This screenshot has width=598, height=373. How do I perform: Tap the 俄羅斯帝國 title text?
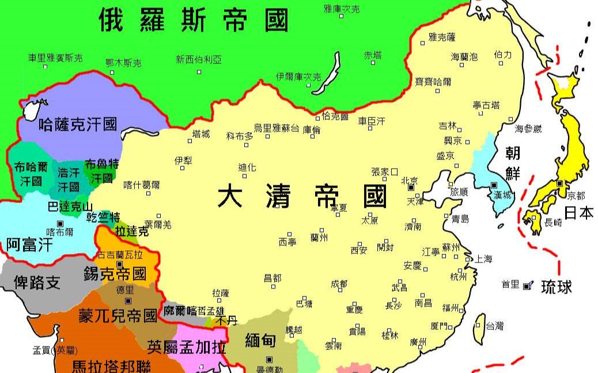(x=193, y=21)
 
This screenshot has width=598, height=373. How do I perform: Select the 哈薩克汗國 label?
(x=78, y=124)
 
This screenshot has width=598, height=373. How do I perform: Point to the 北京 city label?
(x=409, y=179)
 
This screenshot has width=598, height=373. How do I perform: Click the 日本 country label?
(x=578, y=212)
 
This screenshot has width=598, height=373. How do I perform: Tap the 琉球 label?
(x=556, y=287)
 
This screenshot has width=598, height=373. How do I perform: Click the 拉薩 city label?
(x=221, y=292)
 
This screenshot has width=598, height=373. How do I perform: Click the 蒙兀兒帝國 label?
(x=118, y=315)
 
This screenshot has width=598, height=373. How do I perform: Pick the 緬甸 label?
(x=260, y=340)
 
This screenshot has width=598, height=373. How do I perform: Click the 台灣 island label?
(x=494, y=326)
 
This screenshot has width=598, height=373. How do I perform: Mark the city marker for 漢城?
(x=494, y=185)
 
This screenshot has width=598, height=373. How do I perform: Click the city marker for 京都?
(x=559, y=183)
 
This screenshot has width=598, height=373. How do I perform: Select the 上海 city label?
(x=483, y=259)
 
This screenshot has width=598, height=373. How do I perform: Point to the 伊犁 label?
(x=183, y=161)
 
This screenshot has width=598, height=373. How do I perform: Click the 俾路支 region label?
(x=36, y=282)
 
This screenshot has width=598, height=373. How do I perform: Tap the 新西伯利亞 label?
(x=199, y=59)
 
